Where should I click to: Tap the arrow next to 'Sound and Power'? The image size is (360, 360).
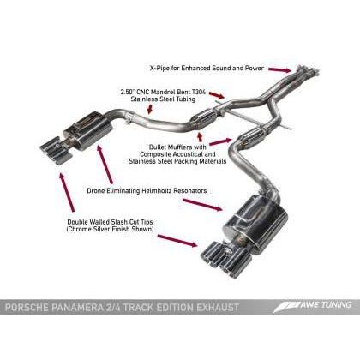click(279, 68)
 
